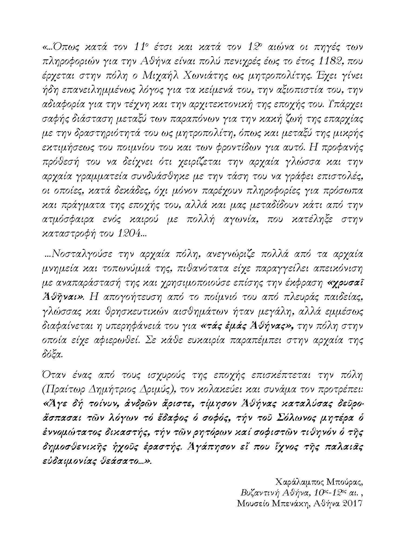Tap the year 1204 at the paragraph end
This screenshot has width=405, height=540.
click(x=129, y=234)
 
